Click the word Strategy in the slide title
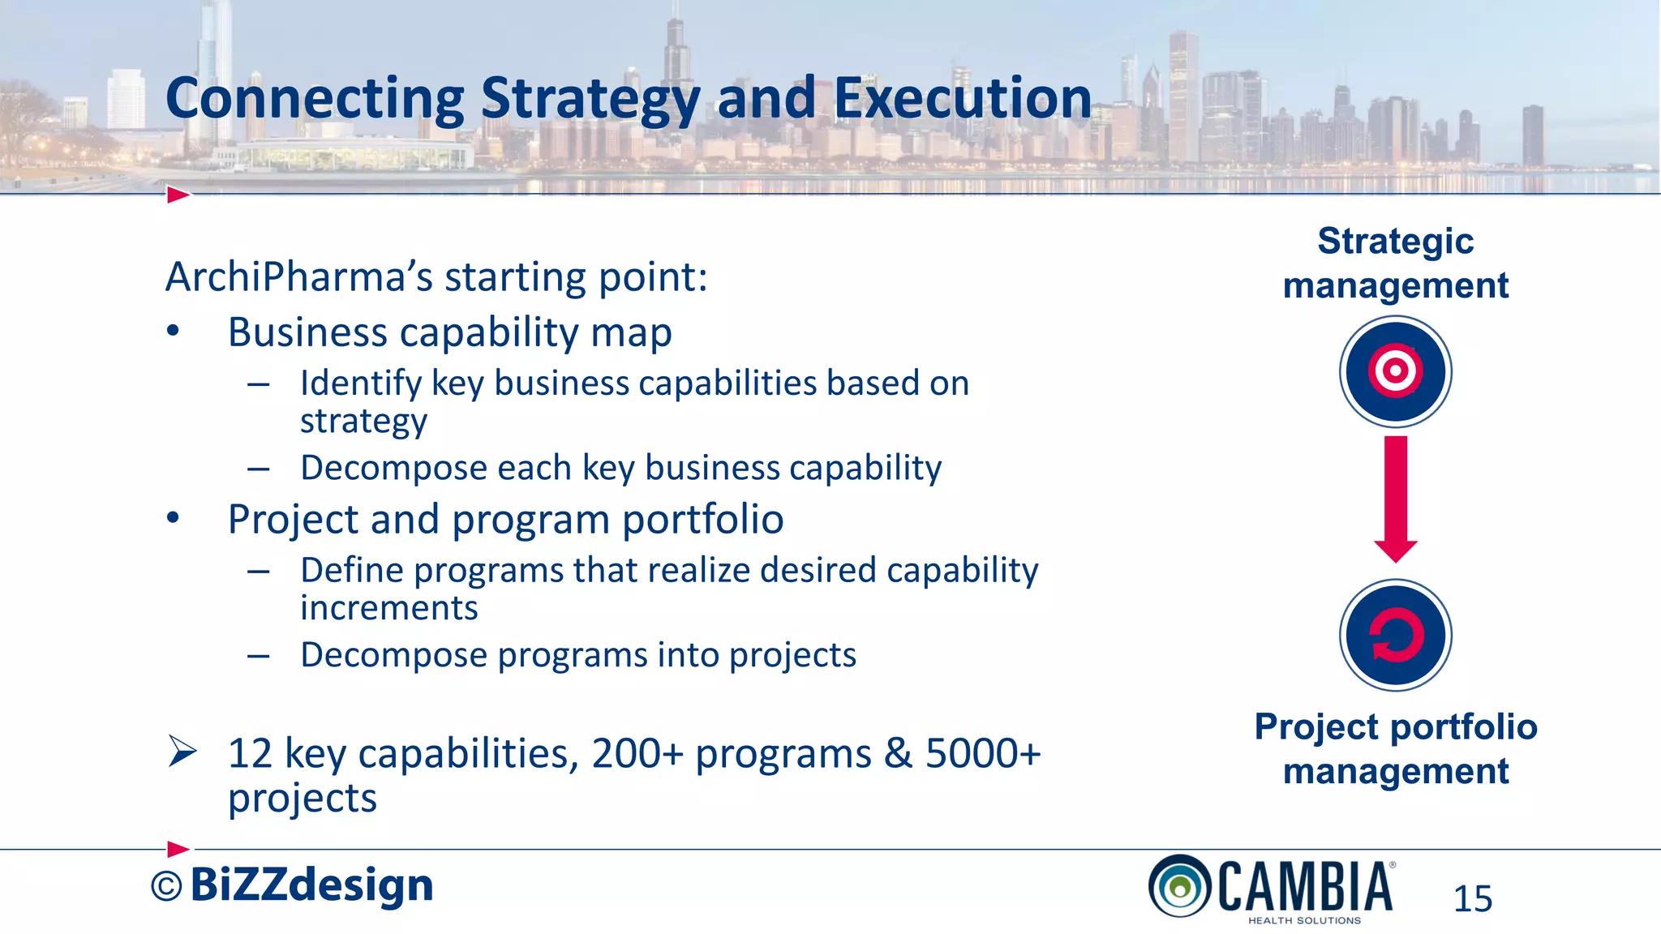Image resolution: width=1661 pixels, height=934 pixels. point(590,99)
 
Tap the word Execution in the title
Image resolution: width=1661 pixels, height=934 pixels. point(963,99)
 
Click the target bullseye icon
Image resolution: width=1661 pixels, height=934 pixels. point(1395,371)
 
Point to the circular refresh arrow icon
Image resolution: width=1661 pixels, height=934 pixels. point(1395,635)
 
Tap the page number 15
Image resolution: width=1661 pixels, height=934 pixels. point(1472,899)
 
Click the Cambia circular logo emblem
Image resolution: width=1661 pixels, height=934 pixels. point(1180,886)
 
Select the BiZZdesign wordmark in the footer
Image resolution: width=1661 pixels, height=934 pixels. point(312,885)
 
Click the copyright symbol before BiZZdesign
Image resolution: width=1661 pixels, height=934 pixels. point(166,887)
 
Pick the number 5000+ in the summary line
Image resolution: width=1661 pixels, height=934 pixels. point(983,754)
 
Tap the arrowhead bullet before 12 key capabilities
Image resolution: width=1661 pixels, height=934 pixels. point(182,752)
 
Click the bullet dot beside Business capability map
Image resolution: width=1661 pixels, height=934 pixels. point(173,332)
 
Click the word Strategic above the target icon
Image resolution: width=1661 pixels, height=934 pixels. point(1395,241)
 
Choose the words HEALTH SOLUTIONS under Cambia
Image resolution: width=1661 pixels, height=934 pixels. point(1304,921)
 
